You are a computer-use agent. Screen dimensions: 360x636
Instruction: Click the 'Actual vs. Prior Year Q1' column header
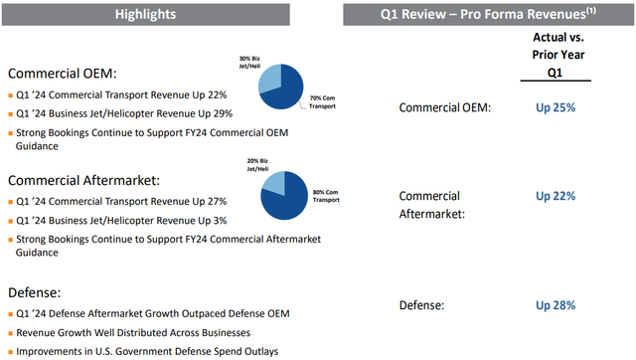coord(556,57)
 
